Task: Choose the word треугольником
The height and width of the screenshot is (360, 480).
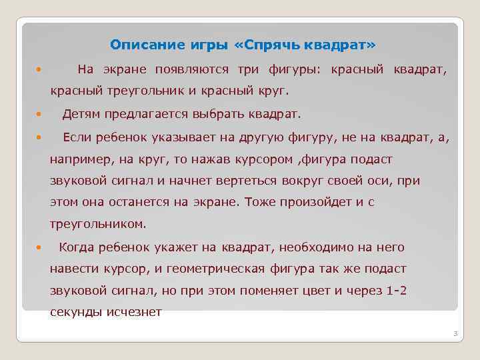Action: click(97, 224)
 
